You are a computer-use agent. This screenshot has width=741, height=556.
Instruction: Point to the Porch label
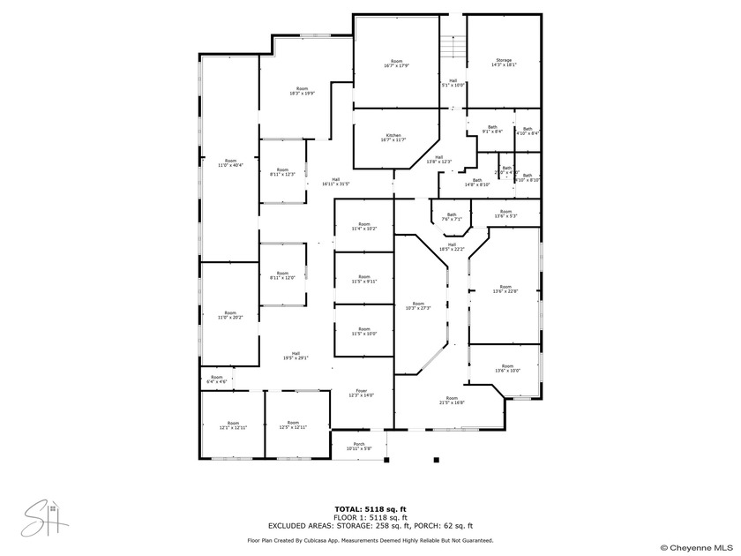tap(358, 446)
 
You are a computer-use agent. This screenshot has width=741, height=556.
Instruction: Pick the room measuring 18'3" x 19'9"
tap(302, 90)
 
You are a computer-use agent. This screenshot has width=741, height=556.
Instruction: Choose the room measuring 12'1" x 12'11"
tap(233, 425)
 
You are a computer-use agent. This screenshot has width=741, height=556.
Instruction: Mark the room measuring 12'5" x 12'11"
tap(293, 425)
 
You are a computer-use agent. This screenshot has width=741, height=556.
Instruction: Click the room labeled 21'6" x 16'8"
tap(452, 400)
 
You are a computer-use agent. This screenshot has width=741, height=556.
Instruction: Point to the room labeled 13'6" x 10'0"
tap(507, 368)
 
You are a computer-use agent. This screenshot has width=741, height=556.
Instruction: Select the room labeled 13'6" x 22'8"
tap(505, 289)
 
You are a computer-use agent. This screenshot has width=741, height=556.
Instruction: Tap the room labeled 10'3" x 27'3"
tap(418, 305)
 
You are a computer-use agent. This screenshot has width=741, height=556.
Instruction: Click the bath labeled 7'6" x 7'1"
tap(452, 216)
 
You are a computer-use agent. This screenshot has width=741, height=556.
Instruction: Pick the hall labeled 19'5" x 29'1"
tap(296, 356)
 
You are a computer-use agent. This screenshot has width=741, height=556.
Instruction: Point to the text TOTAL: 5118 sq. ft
tap(370, 509)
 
